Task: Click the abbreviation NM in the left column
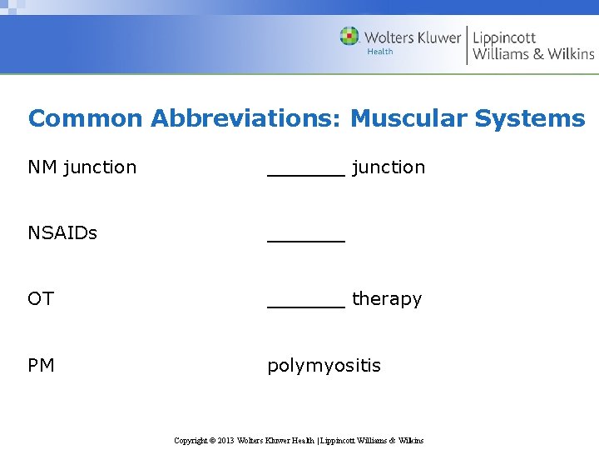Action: tap(42, 167)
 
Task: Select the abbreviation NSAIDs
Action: tap(62, 232)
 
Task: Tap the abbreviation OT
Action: tap(41, 298)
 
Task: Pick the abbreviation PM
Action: tap(42, 365)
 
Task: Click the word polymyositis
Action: tap(324, 366)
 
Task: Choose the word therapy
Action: tap(387, 298)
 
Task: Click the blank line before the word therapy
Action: tap(305, 305)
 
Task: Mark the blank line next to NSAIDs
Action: tap(305, 239)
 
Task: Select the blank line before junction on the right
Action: tap(305, 173)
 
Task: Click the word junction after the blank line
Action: tap(389, 167)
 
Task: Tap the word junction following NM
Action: tap(100, 167)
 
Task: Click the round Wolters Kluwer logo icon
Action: tap(349, 37)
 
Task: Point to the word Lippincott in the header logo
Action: tap(504, 37)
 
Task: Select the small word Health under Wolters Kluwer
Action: tap(379, 52)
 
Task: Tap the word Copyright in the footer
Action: tap(191, 440)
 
